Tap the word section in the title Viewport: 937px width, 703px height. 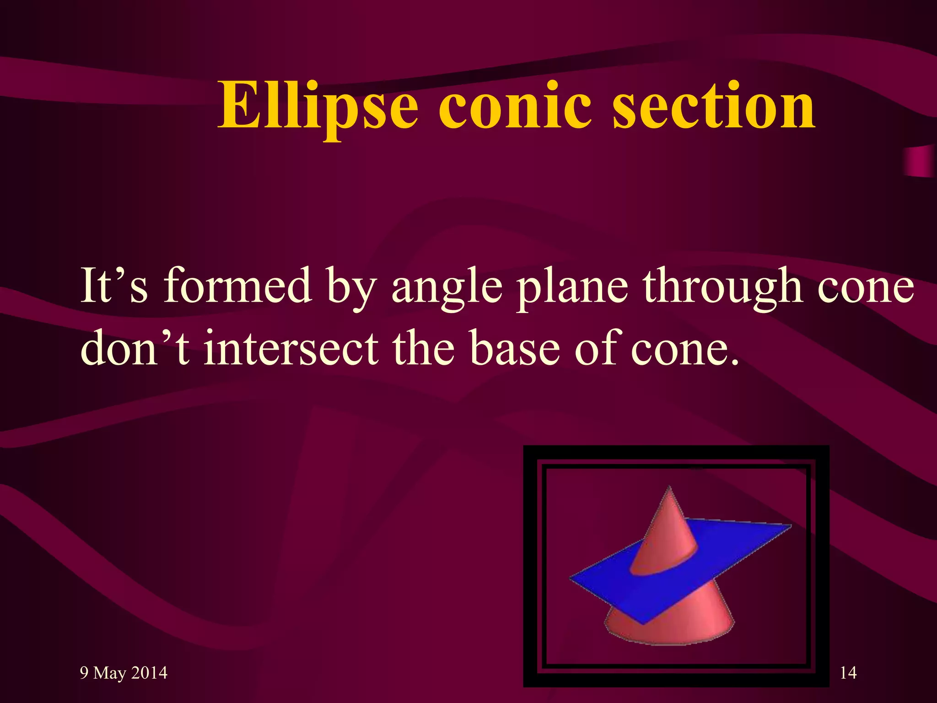pyautogui.click(x=714, y=106)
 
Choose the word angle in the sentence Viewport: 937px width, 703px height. pyautogui.click(x=447, y=288)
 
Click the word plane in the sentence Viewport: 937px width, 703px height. pyautogui.click(x=572, y=288)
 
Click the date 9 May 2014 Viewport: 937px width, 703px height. pyautogui.click(x=124, y=673)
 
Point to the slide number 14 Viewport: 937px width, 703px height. pyautogui.click(x=848, y=673)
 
